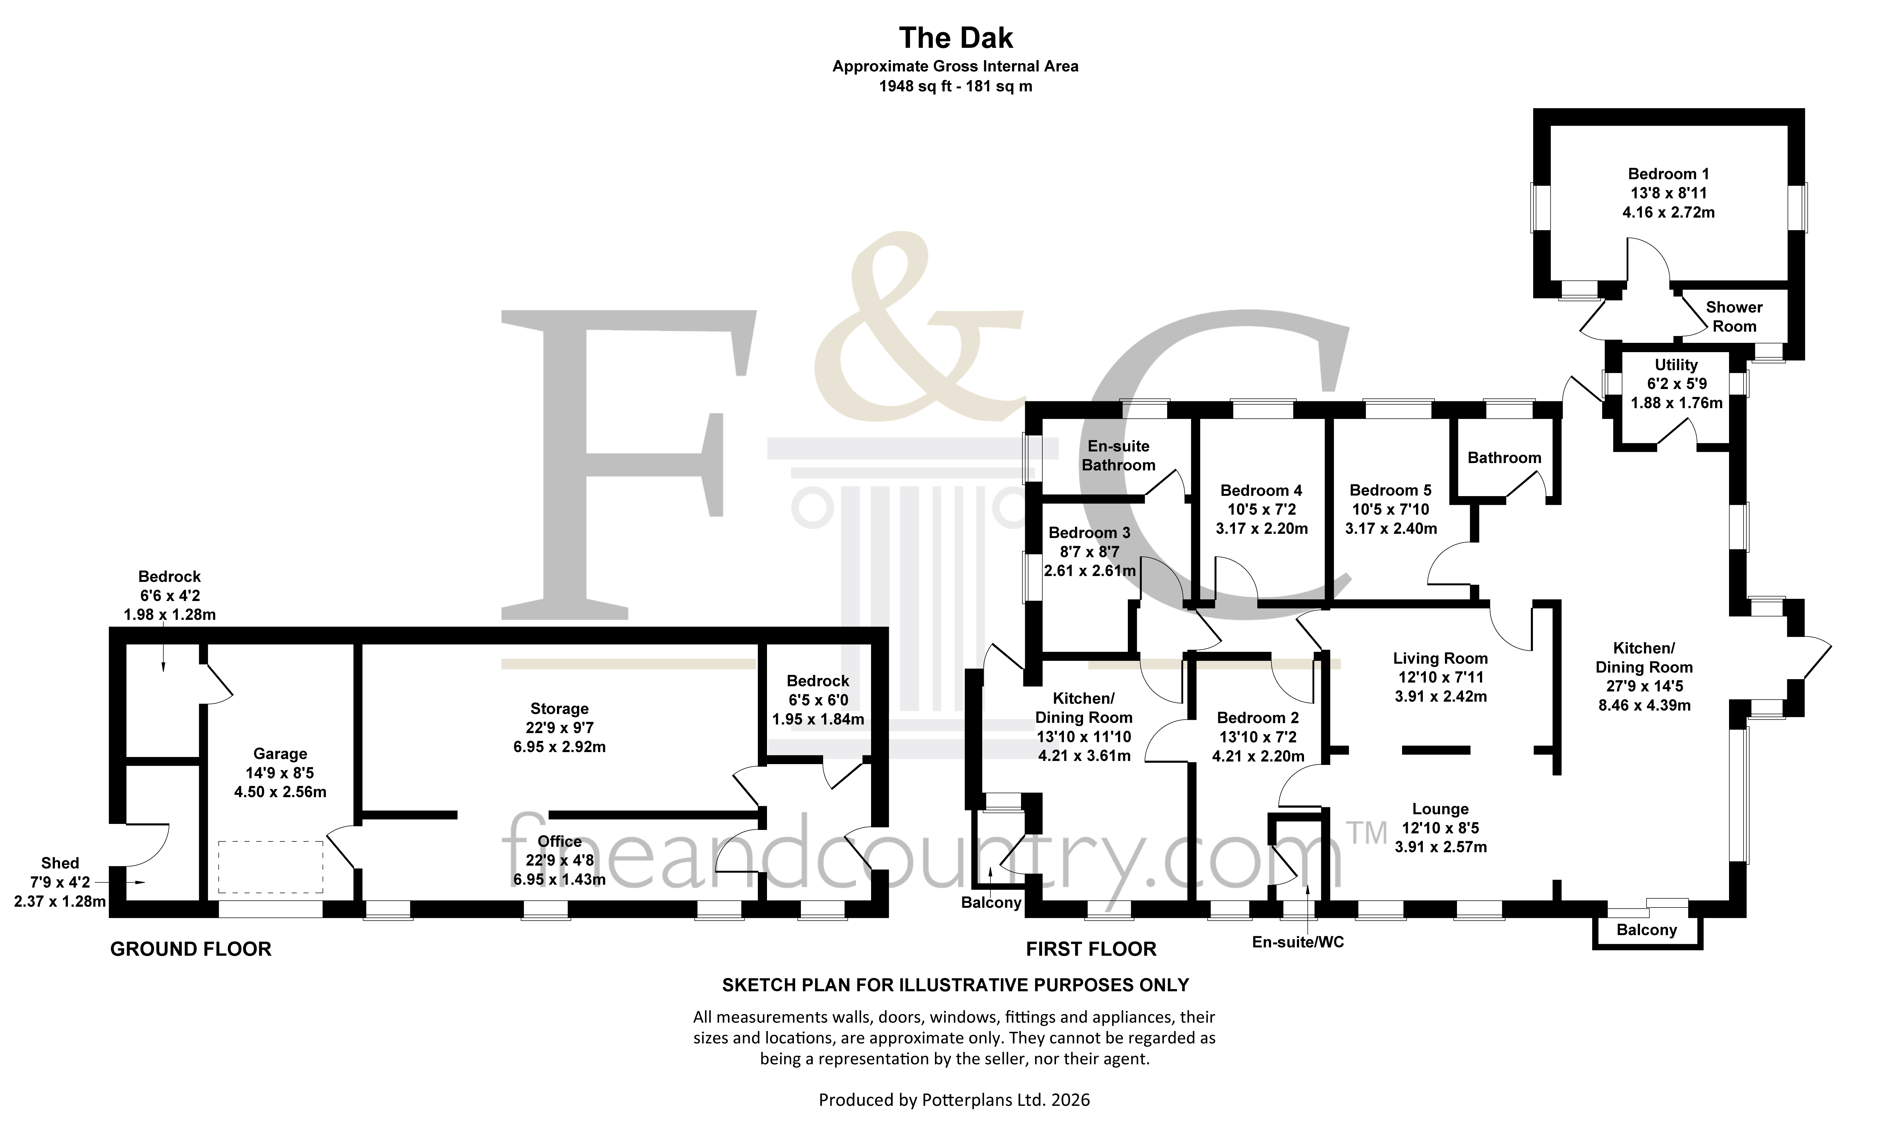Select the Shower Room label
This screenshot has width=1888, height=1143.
[1734, 316]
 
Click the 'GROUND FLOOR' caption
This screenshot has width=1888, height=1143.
[191, 949]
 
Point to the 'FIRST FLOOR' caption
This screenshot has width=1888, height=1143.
[1091, 949]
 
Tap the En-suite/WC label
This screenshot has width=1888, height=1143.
[1298, 942]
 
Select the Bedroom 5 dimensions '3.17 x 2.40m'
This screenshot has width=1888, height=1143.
[1391, 529]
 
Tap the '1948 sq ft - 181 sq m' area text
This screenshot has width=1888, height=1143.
[955, 87]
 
